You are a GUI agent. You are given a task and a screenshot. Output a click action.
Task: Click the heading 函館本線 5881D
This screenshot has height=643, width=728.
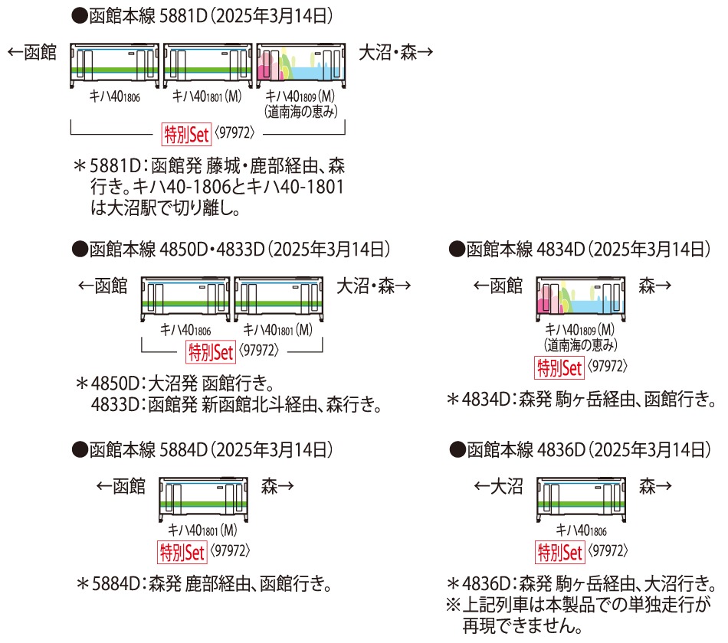tap(148, 16)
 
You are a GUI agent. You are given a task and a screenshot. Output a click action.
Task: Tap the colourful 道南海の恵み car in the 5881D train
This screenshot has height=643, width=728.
tap(301, 65)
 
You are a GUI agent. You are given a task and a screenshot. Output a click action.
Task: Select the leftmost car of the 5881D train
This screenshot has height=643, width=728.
tap(115, 65)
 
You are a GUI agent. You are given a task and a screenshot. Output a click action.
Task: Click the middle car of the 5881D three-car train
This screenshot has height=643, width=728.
tap(208, 65)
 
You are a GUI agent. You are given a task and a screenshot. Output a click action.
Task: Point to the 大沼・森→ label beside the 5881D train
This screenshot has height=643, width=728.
tap(396, 52)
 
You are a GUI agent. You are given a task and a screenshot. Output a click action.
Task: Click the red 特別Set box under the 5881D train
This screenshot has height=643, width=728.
tap(186, 135)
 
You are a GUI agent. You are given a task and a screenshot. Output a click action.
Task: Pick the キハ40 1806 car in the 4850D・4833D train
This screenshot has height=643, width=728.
tap(185, 299)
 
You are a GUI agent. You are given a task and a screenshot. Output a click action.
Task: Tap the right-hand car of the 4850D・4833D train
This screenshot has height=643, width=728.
tap(279, 299)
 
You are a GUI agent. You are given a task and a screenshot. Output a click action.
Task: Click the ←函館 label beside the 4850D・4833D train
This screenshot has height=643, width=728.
tap(103, 286)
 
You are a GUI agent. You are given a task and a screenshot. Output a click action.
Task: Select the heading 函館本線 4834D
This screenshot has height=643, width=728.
tap(525, 250)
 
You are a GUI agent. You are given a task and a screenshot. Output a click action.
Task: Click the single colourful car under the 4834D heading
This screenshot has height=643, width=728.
tap(581, 299)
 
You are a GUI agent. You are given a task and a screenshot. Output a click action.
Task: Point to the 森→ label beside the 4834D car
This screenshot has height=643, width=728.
tap(654, 286)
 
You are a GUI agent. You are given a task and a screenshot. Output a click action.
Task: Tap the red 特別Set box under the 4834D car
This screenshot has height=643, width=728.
tap(559, 368)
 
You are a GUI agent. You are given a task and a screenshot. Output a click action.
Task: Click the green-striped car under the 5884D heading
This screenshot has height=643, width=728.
tap(203, 500)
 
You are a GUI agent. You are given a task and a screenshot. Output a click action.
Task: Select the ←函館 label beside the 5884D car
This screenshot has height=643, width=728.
tap(121, 486)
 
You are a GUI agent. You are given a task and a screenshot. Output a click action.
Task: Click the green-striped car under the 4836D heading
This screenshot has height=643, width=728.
tap(582, 500)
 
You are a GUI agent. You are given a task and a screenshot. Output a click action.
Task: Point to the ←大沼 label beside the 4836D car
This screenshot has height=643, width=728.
tap(498, 486)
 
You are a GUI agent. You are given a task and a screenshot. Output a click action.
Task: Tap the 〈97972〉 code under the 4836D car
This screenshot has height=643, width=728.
tap(608, 551)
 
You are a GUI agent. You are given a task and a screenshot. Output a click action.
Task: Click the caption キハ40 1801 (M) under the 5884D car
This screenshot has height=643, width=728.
tap(202, 530)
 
